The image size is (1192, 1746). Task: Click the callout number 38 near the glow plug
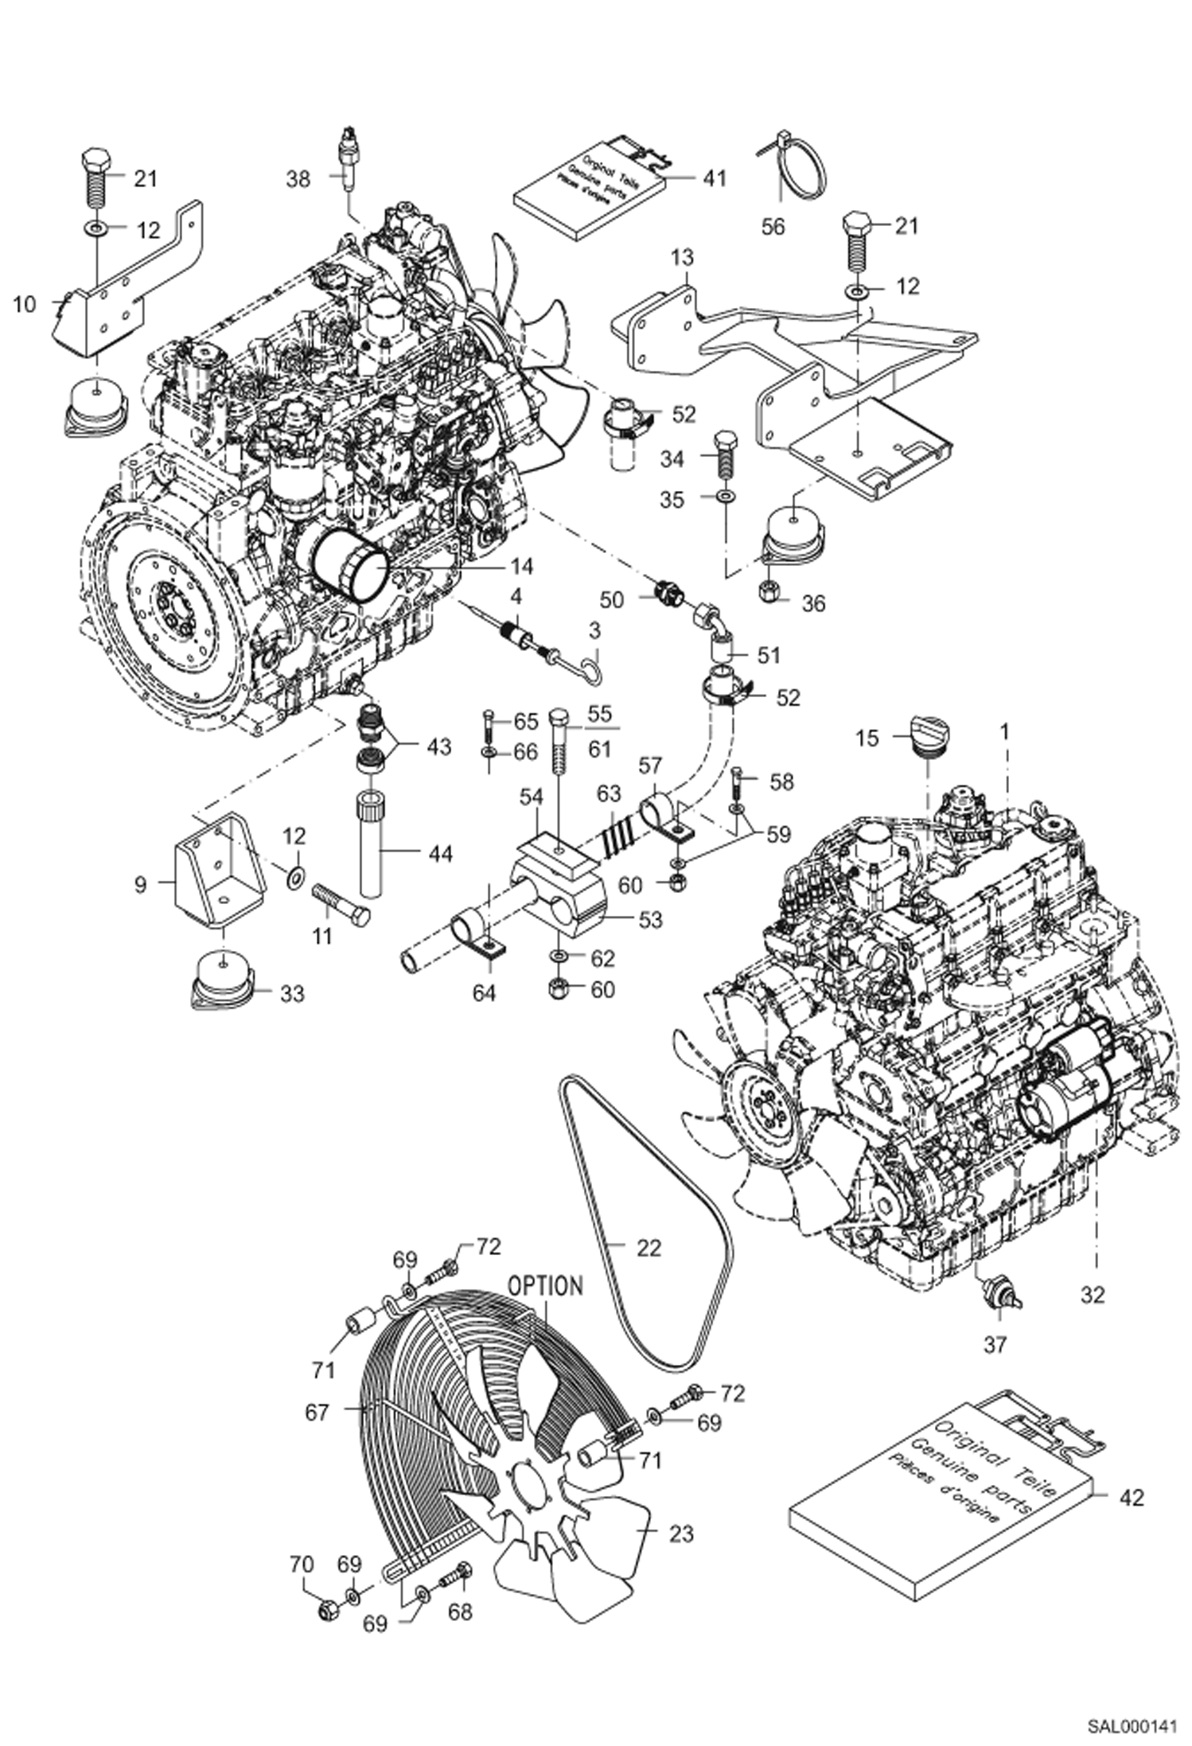298,180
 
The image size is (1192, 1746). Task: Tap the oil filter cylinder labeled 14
351,567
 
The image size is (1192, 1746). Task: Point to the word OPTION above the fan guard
546,1286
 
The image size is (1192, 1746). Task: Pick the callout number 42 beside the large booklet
1131,1498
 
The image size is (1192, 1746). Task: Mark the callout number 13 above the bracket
682,258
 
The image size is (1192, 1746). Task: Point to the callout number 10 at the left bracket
25,304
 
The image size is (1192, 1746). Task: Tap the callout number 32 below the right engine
1093,1295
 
